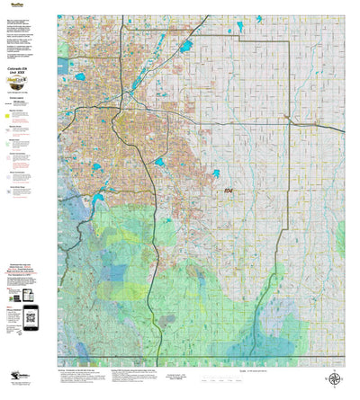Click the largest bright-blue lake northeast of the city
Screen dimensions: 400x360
pyautogui.click(x=186, y=46)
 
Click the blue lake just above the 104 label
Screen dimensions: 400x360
pyautogui.click(x=215, y=173)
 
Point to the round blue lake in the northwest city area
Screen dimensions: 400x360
pyautogui.click(x=80, y=77)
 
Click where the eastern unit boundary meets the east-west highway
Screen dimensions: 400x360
pyautogui.click(x=289, y=120)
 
